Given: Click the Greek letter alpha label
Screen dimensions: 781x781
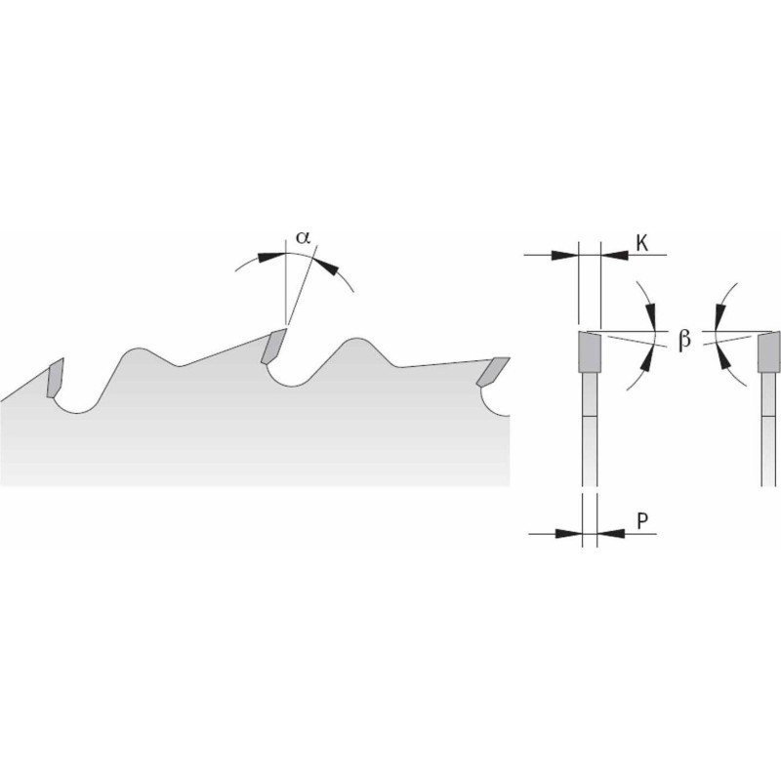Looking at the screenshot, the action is click(303, 237).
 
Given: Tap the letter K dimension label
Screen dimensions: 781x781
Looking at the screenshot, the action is click(642, 243).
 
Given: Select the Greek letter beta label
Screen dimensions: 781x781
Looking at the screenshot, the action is click(685, 340).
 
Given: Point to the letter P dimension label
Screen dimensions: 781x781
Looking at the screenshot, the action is click(642, 521).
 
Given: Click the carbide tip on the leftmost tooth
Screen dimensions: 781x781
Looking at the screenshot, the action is click(55, 378).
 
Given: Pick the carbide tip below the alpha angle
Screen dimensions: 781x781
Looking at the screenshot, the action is click(273, 346).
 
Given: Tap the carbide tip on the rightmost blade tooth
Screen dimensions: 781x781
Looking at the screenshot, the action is click(493, 372).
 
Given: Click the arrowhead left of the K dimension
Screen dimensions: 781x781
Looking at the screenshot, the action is click(564, 255).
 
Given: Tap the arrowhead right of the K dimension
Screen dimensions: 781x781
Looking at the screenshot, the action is click(615, 255).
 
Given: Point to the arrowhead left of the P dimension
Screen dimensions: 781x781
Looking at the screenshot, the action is click(568, 533).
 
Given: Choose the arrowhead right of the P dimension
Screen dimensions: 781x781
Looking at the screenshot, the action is click(610, 533).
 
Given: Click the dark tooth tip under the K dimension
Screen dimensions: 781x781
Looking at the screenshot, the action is click(590, 352).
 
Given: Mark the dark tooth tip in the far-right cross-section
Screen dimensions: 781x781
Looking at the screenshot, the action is click(769, 352).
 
